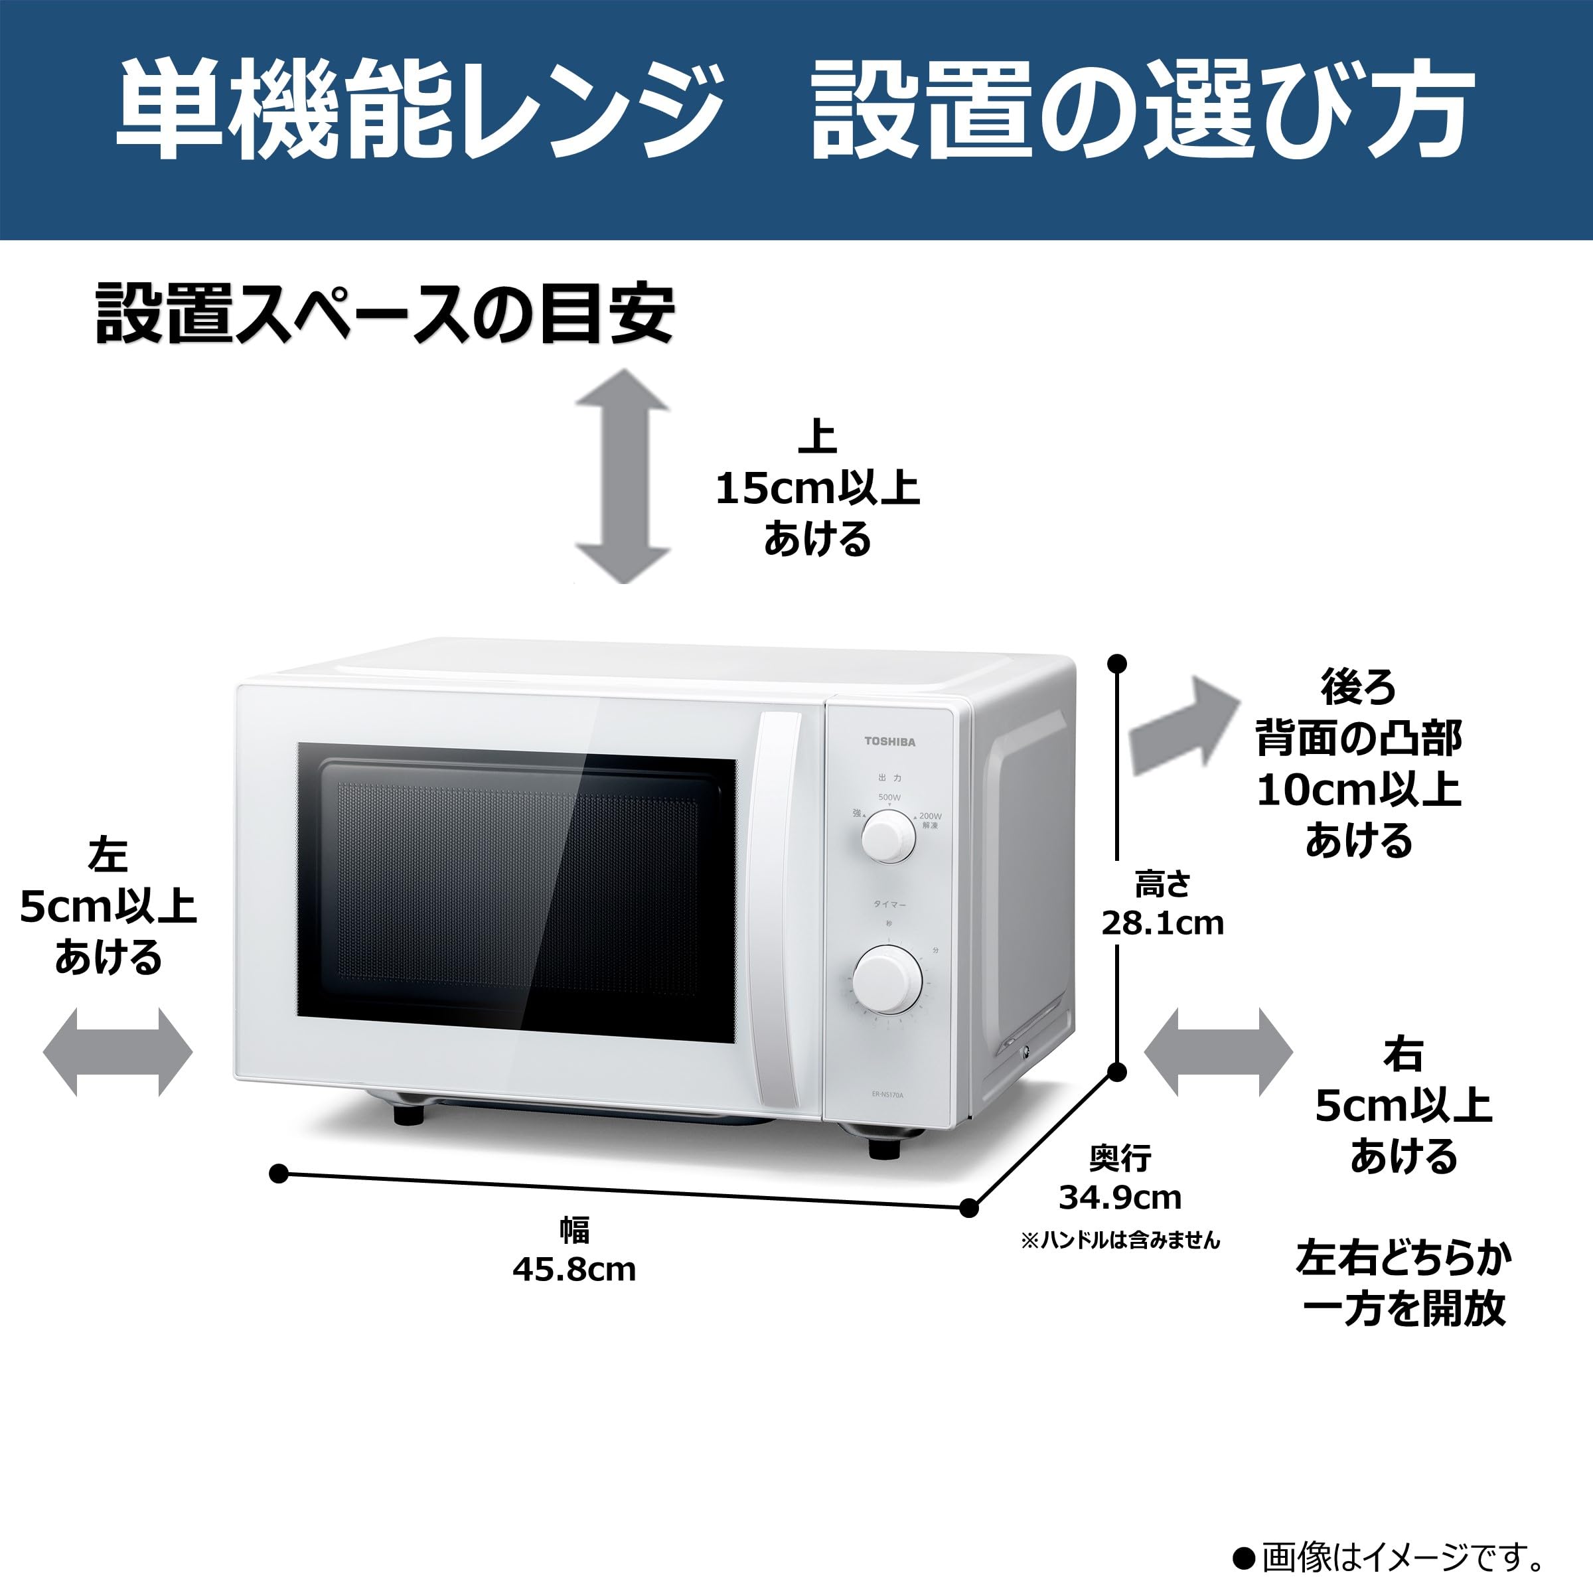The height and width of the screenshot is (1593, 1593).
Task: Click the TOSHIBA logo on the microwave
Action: pyautogui.click(x=889, y=741)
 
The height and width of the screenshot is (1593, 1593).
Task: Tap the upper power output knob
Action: pyautogui.click(x=888, y=836)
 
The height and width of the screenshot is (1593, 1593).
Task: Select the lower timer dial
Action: pyautogui.click(x=887, y=980)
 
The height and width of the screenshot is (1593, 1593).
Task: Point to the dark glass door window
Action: pyautogui.click(x=516, y=893)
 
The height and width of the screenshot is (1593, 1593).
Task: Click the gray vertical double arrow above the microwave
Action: pyautogui.click(x=623, y=476)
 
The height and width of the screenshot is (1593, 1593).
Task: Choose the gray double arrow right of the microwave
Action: pyautogui.click(x=1218, y=1052)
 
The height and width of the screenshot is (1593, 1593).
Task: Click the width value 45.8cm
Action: pyautogui.click(x=574, y=1270)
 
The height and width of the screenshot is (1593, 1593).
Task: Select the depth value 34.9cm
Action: pyautogui.click(x=1120, y=1197)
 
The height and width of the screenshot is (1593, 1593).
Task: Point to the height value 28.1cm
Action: pyautogui.click(x=1163, y=923)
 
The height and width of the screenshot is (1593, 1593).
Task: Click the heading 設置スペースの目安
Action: pyautogui.click(x=385, y=313)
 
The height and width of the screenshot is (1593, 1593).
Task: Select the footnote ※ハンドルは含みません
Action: pyautogui.click(x=1120, y=1240)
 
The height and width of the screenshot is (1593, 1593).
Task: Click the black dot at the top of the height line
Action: pyautogui.click(x=1117, y=664)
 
